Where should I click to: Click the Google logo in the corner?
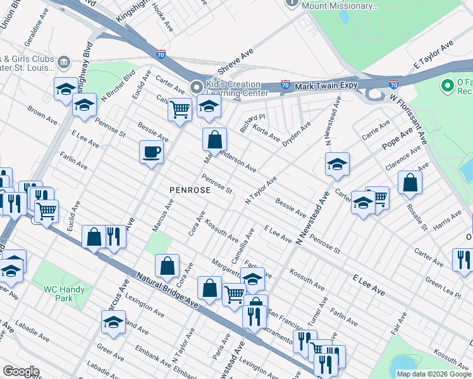(21, 371)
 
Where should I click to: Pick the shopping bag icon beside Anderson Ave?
(214, 139)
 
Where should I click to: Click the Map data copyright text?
(434, 374)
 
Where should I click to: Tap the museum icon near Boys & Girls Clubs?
(64, 63)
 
